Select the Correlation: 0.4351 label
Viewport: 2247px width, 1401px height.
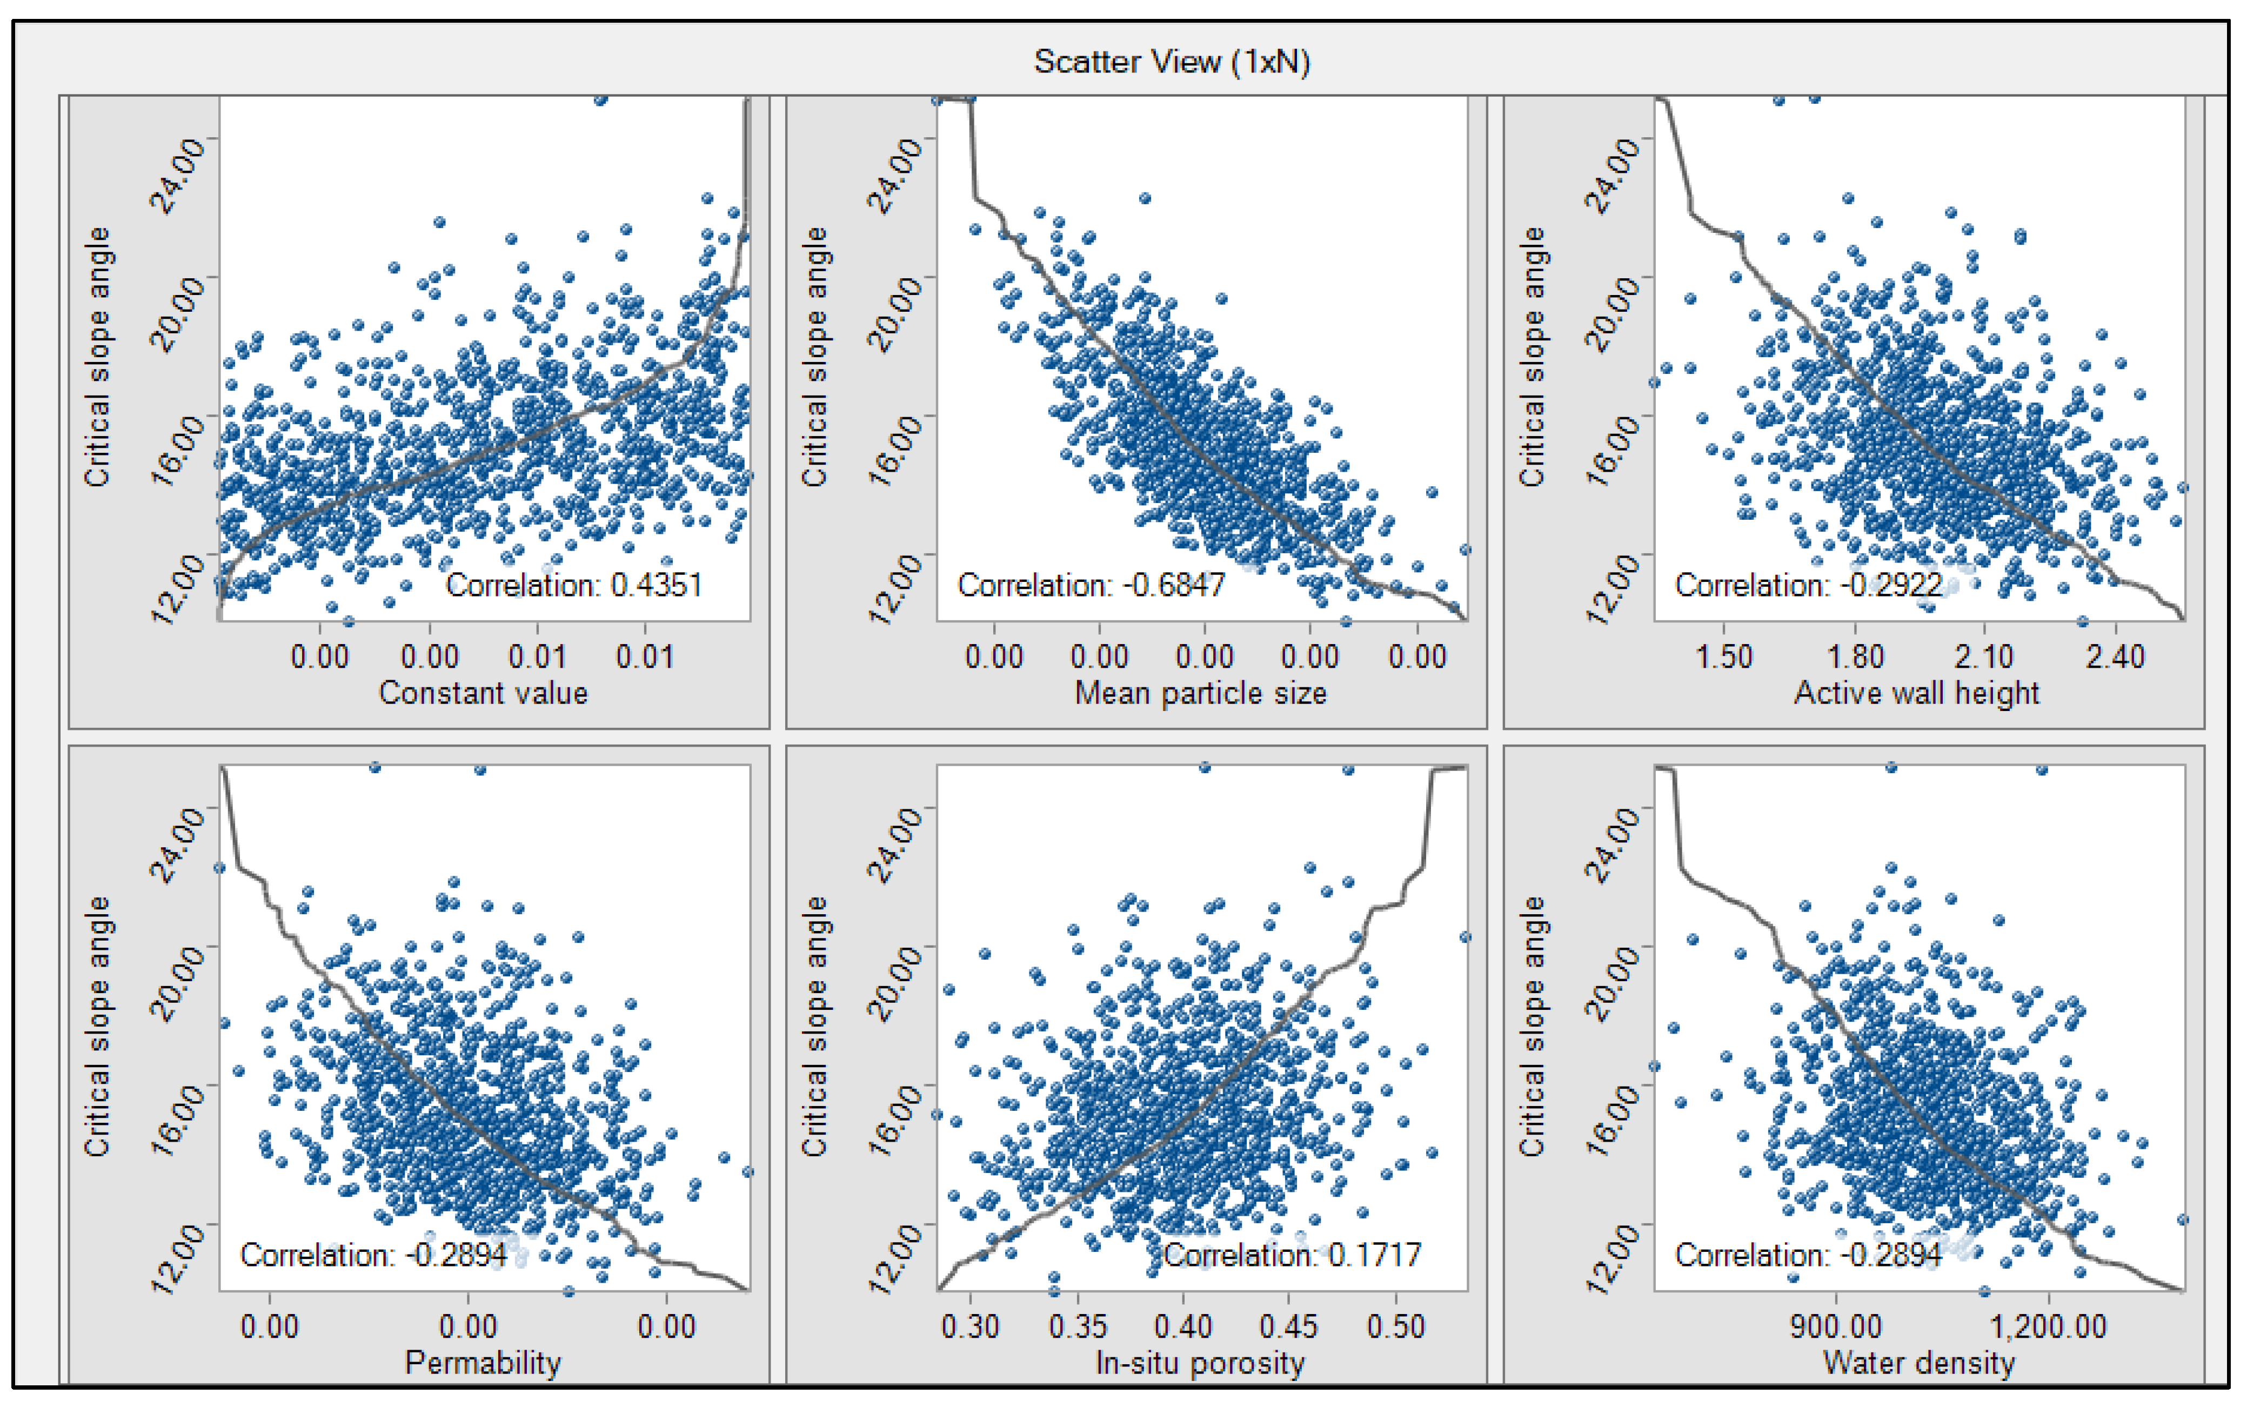(x=573, y=586)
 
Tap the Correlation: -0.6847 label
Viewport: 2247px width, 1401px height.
(x=1091, y=586)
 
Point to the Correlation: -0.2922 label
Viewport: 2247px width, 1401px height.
(x=1808, y=586)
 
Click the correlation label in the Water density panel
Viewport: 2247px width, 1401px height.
(x=1808, y=1256)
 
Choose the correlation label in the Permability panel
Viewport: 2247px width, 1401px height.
(x=373, y=1256)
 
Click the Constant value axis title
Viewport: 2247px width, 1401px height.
(x=483, y=693)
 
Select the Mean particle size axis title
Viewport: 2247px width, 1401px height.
(x=1200, y=693)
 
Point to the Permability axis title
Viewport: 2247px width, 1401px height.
(x=483, y=1363)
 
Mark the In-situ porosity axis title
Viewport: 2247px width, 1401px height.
(x=1200, y=1363)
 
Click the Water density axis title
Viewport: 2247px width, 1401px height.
(x=1918, y=1363)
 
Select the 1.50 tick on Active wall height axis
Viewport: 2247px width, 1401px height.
(x=1723, y=657)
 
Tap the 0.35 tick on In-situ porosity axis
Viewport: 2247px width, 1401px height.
(x=1078, y=1327)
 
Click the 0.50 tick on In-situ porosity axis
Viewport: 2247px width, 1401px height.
(x=1395, y=1327)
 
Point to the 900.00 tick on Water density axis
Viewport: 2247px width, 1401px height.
(x=1836, y=1327)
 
